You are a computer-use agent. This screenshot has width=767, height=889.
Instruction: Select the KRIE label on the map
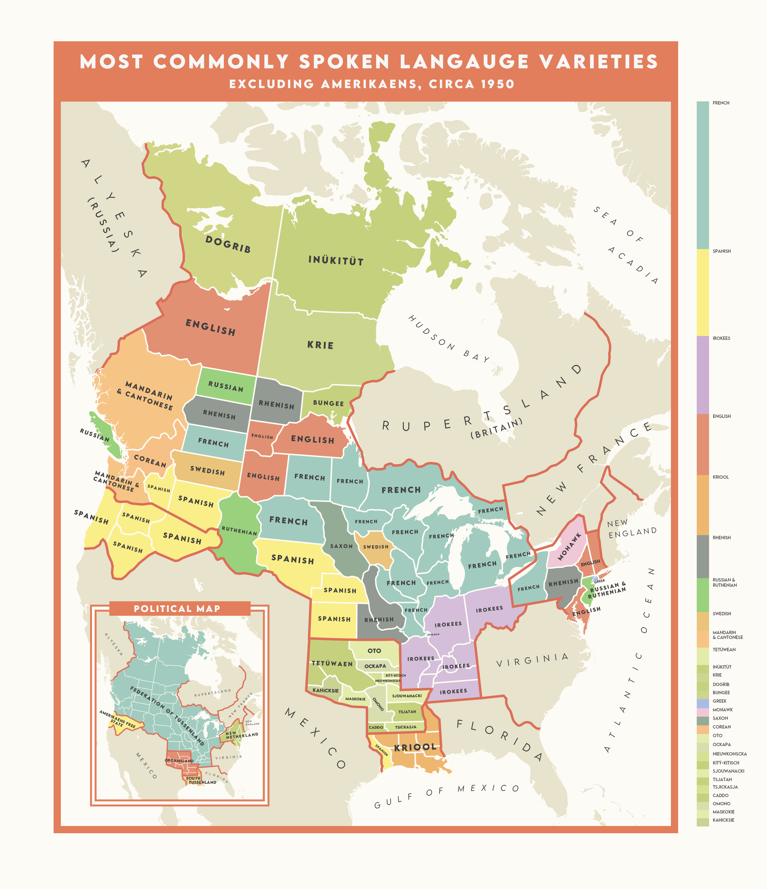pyautogui.click(x=320, y=345)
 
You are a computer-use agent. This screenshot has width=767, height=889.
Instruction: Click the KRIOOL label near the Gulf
pyautogui.click(x=415, y=747)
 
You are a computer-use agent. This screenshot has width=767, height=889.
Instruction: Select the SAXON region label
pyautogui.click(x=341, y=546)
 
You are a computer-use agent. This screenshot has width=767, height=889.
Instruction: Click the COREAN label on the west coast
pyautogui.click(x=149, y=461)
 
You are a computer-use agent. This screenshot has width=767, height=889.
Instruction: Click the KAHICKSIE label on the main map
pyautogui.click(x=325, y=690)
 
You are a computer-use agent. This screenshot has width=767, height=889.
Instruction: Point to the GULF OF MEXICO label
pyautogui.click(x=446, y=796)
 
